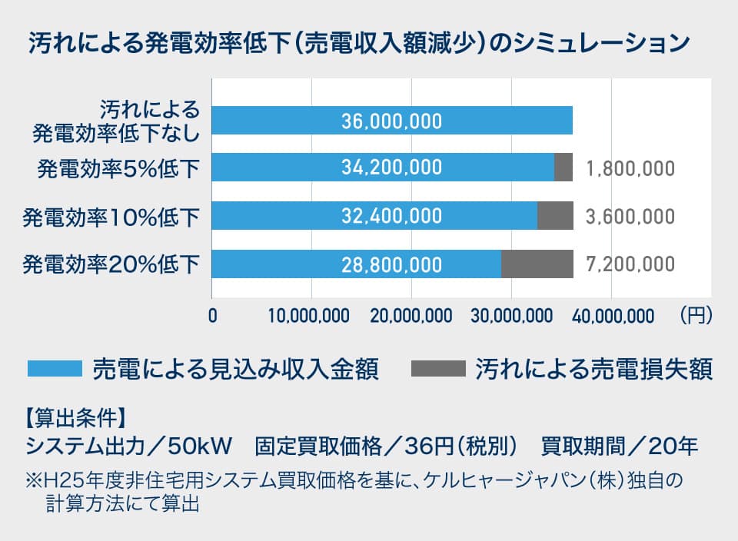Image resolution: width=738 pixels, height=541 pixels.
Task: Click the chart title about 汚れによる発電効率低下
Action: [355, 42]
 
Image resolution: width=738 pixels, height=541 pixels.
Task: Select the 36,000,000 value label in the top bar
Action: [392, 121]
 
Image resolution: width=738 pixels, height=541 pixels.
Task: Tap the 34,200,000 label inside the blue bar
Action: [392, 168]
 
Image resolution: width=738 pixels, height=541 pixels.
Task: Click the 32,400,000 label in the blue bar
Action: [392, 216]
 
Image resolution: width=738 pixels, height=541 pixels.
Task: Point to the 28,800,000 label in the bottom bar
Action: [392, 264]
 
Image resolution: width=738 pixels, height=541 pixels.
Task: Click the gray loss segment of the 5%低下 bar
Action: [563, 168]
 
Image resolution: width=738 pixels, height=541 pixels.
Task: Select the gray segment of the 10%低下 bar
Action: [555, 216]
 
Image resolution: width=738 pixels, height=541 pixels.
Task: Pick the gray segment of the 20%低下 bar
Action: [537, 264]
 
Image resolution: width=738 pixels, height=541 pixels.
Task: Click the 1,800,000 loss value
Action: [630, 168]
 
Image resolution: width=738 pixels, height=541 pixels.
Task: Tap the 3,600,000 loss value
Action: [630, 217]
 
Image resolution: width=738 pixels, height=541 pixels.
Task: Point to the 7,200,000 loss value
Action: [630, 265]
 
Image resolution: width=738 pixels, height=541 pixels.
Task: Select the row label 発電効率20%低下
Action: [111, 265]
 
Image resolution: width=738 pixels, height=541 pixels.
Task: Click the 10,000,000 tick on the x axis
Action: [311, 315]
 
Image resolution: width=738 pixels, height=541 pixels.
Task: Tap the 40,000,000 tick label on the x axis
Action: [611, 315]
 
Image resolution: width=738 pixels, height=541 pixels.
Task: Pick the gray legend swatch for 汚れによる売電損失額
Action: [439, 369]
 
